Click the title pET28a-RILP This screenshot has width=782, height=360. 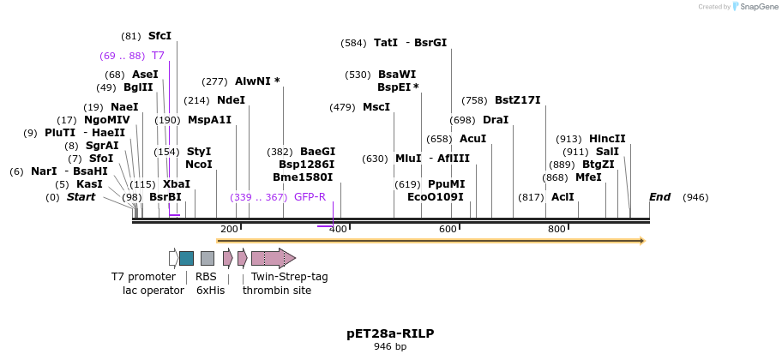[390, 333]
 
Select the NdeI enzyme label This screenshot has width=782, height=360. [231, 99]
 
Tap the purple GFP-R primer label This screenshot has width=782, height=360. [310, 197]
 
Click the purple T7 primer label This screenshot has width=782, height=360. [158, 56]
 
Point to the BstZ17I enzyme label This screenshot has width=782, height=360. [517, 100]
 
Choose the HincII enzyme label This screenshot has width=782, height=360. [607, 139]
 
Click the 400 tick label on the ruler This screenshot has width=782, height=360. [338, 229]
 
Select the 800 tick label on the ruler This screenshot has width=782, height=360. [556, 229]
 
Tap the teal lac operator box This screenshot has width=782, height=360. [186, 258]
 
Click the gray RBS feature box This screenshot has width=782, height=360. [208, 258]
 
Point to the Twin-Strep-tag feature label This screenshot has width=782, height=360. [289, 277]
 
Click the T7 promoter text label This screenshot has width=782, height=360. [143, 277]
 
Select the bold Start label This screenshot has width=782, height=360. [81, 197]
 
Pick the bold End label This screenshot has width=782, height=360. [659, 197]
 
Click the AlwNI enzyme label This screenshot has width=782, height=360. [257, 81]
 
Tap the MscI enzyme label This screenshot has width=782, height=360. [376, 107]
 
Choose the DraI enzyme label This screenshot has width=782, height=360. [495, 120]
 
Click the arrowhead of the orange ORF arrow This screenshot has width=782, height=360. [640, 241]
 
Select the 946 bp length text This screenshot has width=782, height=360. [390, 346]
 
